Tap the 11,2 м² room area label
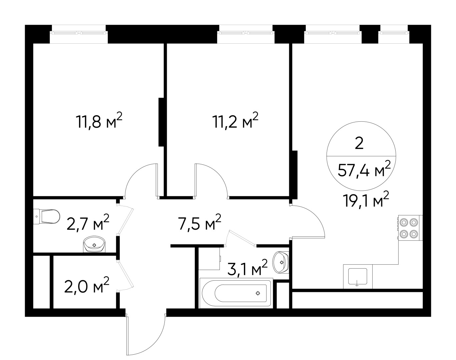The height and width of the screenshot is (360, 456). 236,121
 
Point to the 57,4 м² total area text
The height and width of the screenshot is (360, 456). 364,171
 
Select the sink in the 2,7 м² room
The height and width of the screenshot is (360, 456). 94,245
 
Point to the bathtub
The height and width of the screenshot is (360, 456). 236,293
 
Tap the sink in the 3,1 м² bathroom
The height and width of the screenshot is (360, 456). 281,262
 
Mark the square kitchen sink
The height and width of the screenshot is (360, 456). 358,277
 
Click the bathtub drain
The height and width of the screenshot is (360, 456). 258,293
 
